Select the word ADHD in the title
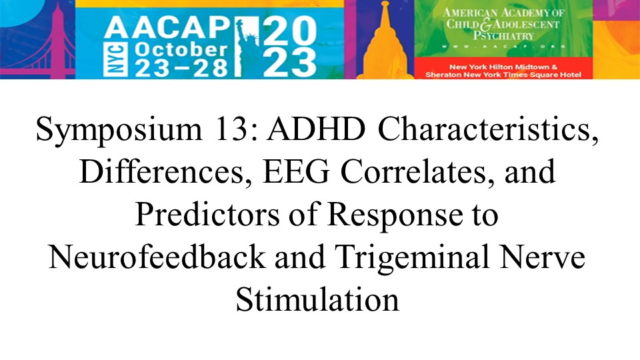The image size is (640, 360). coord(316,129)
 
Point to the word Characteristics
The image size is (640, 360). coord(488,129)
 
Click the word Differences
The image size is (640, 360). coord(165,172)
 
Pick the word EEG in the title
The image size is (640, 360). coord(296,172)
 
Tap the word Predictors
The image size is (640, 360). coord(207,215)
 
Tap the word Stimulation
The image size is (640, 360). coord(317,300)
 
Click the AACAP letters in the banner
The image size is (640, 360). coord(167,28)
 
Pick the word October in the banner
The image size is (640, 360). coord(181,50)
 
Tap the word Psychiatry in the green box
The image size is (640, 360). coord(504,35)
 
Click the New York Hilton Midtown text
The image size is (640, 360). coord(503,67)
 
